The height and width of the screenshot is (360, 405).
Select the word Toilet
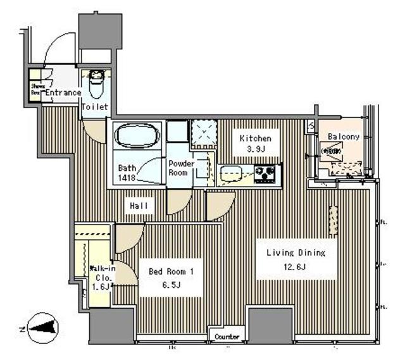tap(95, 107)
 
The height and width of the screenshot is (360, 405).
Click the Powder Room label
tap(180, 168)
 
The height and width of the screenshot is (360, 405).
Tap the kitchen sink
tap(229, 171)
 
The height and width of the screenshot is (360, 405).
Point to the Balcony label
tap(344, 136)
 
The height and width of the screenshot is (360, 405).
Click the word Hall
tap(139, 206)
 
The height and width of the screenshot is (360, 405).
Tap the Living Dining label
tap(295, 253)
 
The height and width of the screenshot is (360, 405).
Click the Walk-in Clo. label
tap(101, 273)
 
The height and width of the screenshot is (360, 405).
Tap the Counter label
tap(227, 337)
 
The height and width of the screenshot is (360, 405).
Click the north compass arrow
tap(39, 328)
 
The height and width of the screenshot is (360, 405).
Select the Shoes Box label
tap(35, 89)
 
